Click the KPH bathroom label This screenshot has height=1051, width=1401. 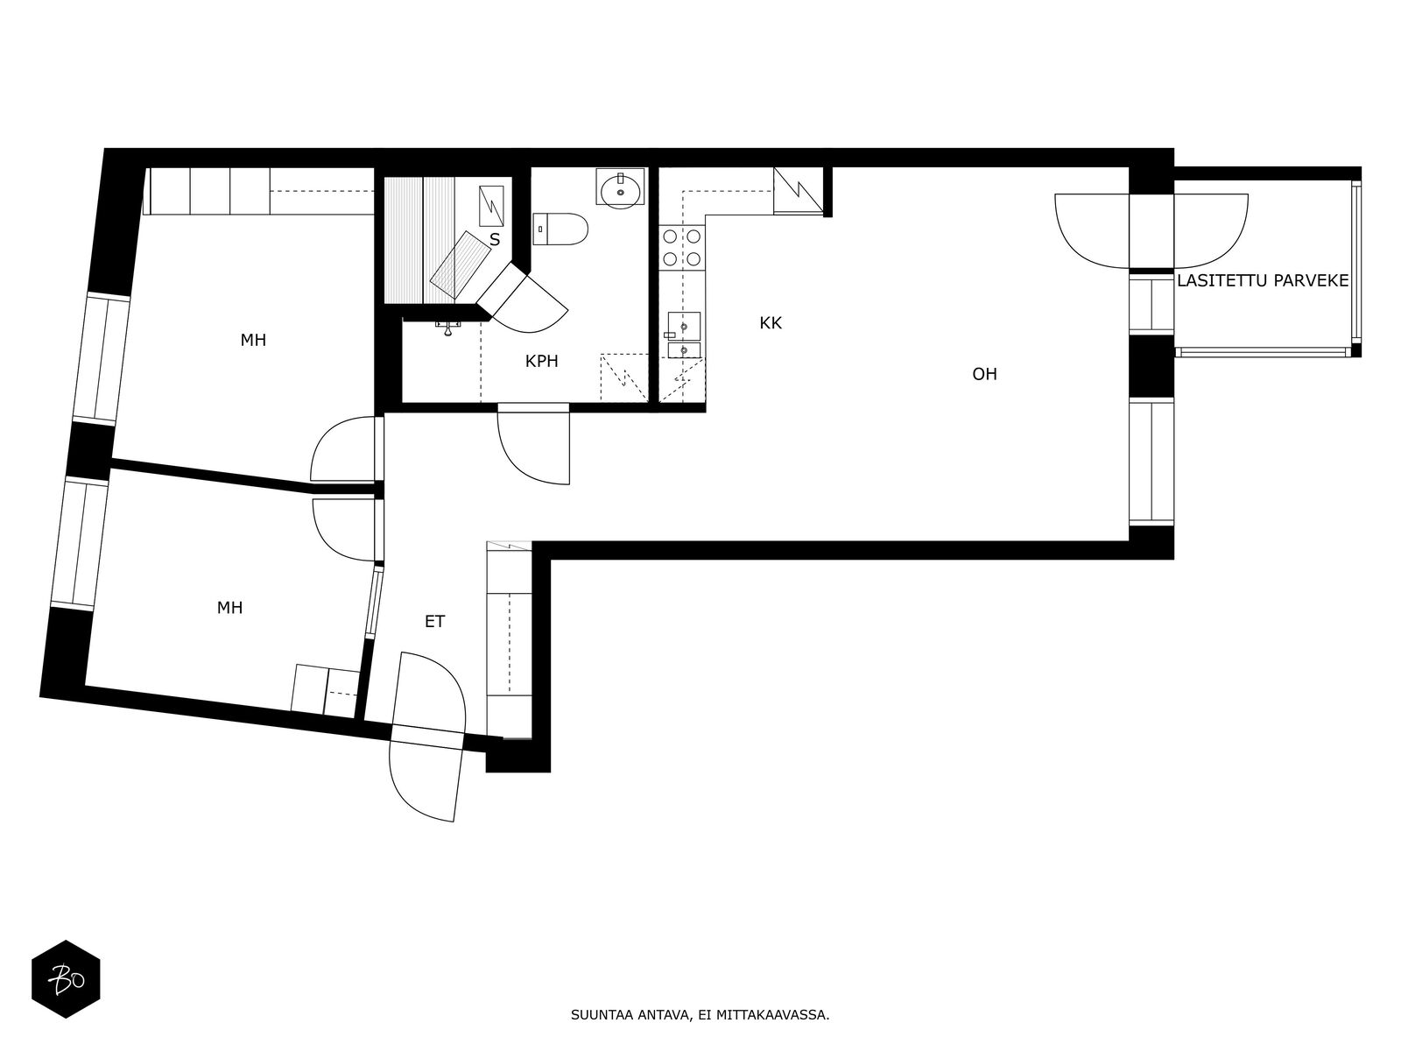click(x=541, y=362)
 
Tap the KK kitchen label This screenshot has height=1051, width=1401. click(x=771, y=323)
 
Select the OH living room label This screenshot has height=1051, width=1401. click(x=984, y=375)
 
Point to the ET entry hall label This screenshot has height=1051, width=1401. click(x=434, y=622)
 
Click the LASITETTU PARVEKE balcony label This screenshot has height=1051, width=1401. click(x=1263, y=281)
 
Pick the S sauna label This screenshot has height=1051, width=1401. click(x=495, y=241)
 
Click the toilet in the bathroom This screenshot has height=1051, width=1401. click(x=560, y=229)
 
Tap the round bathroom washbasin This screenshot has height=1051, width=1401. click(x=621, y=187)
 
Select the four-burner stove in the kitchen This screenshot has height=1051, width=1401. click(x=681, y=248)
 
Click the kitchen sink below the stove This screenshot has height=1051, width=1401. click(x=683, y=335)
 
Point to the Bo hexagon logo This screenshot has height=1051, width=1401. click(x=66, y=979)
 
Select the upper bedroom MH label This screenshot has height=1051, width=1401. click(x=253, y=341)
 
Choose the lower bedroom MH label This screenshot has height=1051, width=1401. click(x=229, y=608)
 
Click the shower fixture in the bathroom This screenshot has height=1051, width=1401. click(x=451, y=327)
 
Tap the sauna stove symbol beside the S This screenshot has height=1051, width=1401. click(x=491, y=206)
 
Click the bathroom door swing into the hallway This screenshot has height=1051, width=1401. click(x=533, y=447)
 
